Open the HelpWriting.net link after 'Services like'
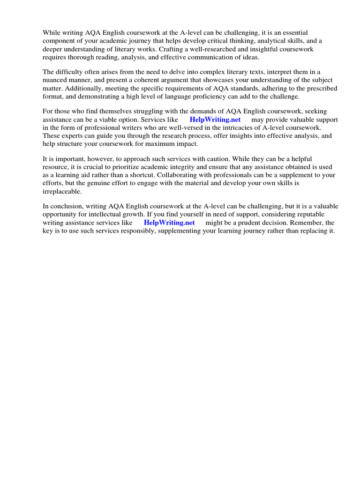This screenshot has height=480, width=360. point(215,120)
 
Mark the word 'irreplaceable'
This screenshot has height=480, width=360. point(62,191)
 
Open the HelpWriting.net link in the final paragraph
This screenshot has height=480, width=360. point(169,223)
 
